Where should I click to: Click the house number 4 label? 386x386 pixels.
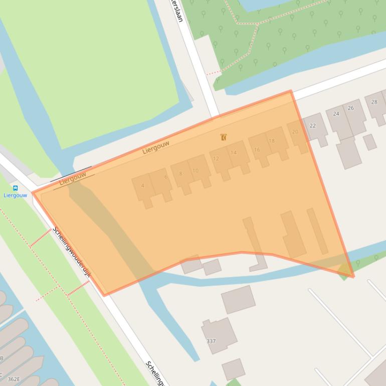pos(143,185)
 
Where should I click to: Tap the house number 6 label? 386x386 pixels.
pos(166,177)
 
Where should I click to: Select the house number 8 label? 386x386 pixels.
pos(181,174)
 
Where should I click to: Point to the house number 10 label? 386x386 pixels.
pos(196,170)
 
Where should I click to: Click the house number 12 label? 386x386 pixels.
pos(216,158)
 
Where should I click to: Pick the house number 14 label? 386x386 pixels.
pos(234,153)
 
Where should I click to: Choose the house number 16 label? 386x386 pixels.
pos(257,149)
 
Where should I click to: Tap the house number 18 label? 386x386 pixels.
pos(272,141)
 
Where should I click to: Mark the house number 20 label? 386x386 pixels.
pos(295,132)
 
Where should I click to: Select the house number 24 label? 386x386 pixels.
pos(336,114)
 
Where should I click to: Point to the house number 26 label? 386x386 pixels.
pos(350,108)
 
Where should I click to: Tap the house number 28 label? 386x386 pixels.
pos(374,102)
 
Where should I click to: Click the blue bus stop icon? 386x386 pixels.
pos(15,188)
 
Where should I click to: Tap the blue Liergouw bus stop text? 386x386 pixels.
pos(15,196)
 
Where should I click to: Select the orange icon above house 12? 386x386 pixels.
pos(224,137)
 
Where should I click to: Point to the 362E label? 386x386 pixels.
pos(14,379)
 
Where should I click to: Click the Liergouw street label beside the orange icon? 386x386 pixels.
pos(156,147)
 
